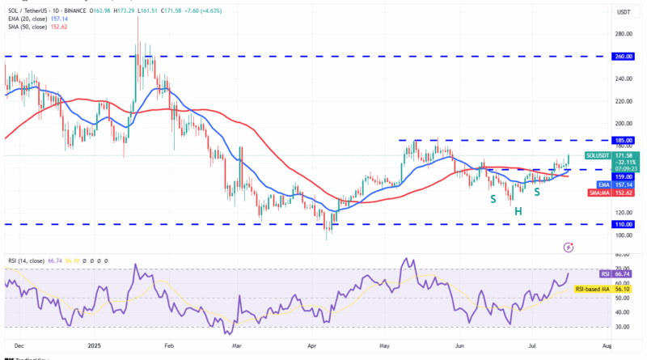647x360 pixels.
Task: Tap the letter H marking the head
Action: [x=518, y=211]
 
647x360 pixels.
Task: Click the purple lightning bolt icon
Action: [x=569, y=246]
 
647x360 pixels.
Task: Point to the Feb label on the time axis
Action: [x=170, y=345]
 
